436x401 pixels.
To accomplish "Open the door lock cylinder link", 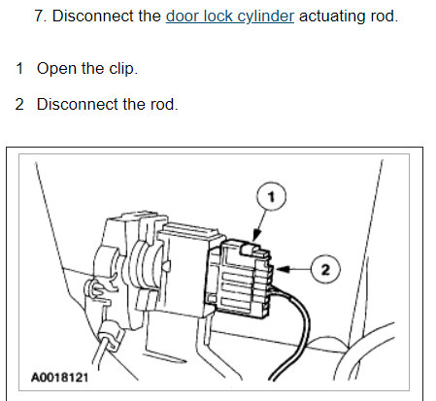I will point(229,17).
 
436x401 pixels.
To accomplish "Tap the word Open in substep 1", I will point(55,69).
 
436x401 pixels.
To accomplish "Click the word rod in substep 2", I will point(162,104).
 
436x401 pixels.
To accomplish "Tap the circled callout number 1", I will point(272,197).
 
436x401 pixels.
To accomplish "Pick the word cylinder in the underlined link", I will point(263,17).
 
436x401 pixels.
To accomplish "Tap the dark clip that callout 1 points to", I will point(254,251).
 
